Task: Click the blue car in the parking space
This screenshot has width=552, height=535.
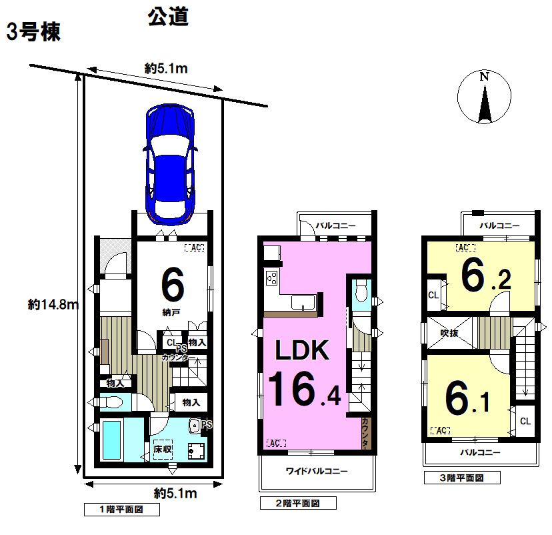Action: (170, 164)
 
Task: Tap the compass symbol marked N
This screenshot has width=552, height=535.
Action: (485, 97)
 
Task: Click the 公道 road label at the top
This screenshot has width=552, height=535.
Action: (168, 17)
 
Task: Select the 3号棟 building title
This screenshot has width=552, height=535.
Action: (33, 32)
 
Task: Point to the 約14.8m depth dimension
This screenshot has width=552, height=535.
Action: (53, 305)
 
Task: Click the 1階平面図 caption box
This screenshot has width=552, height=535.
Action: (122, 510)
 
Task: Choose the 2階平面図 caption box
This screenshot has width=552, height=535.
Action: (298, 503)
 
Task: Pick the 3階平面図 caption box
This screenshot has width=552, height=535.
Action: (462, 478)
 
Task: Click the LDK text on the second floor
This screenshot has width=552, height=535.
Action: (302, 350)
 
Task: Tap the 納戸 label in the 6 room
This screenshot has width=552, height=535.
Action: (171, 312)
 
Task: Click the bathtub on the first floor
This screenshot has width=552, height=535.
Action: (112, 440)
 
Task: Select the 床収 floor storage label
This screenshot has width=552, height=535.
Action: (163, 450)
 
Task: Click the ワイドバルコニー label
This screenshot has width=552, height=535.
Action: (317, 471)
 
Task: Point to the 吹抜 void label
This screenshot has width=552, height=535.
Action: (449, 333)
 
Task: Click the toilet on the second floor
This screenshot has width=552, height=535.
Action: (361, 291)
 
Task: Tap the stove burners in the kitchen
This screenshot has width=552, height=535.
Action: (272, 278)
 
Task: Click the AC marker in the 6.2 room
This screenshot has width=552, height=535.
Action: (465, 248)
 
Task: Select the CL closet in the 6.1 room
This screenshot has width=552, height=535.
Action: (525, 421)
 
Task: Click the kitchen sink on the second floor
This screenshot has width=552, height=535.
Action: (303, 303)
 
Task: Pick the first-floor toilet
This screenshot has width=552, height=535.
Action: (111, 402)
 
